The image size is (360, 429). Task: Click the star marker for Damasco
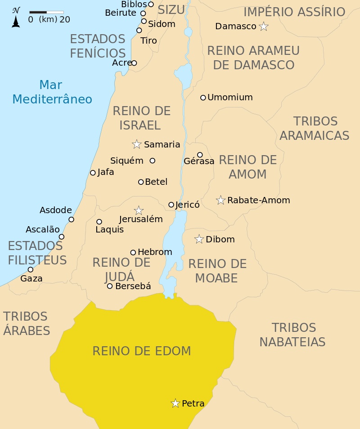click(x=264, y=27)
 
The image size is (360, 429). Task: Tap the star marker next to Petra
click(x=175, y=403)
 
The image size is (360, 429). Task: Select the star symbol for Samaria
click(x=137, y=144)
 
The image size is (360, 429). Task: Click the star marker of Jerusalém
click(x=139, y=210)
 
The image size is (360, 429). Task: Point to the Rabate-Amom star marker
click(x=220, y=200)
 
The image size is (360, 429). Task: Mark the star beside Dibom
click(x=199, y=239)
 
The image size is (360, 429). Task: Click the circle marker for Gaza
click(x=31, y=270)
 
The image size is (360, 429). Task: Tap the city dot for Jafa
click(x=93, y=173)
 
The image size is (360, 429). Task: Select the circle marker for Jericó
click(x=171, y=205)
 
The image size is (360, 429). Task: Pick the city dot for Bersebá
click(x=110, y=286)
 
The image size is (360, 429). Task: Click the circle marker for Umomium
click(x=203, y=98)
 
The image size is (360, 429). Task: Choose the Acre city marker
click(x=134, y=63)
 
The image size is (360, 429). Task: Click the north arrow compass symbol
click(x=16, y=18)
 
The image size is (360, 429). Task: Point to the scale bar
click(x=46, y=12)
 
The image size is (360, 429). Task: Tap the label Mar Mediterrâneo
click(x=52, y=92)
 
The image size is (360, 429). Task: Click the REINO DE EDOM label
click(x=142, y=351)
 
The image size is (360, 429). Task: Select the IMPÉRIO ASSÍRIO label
click(x=294, y=12)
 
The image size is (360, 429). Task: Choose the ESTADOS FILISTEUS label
click(x=37, y=253)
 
